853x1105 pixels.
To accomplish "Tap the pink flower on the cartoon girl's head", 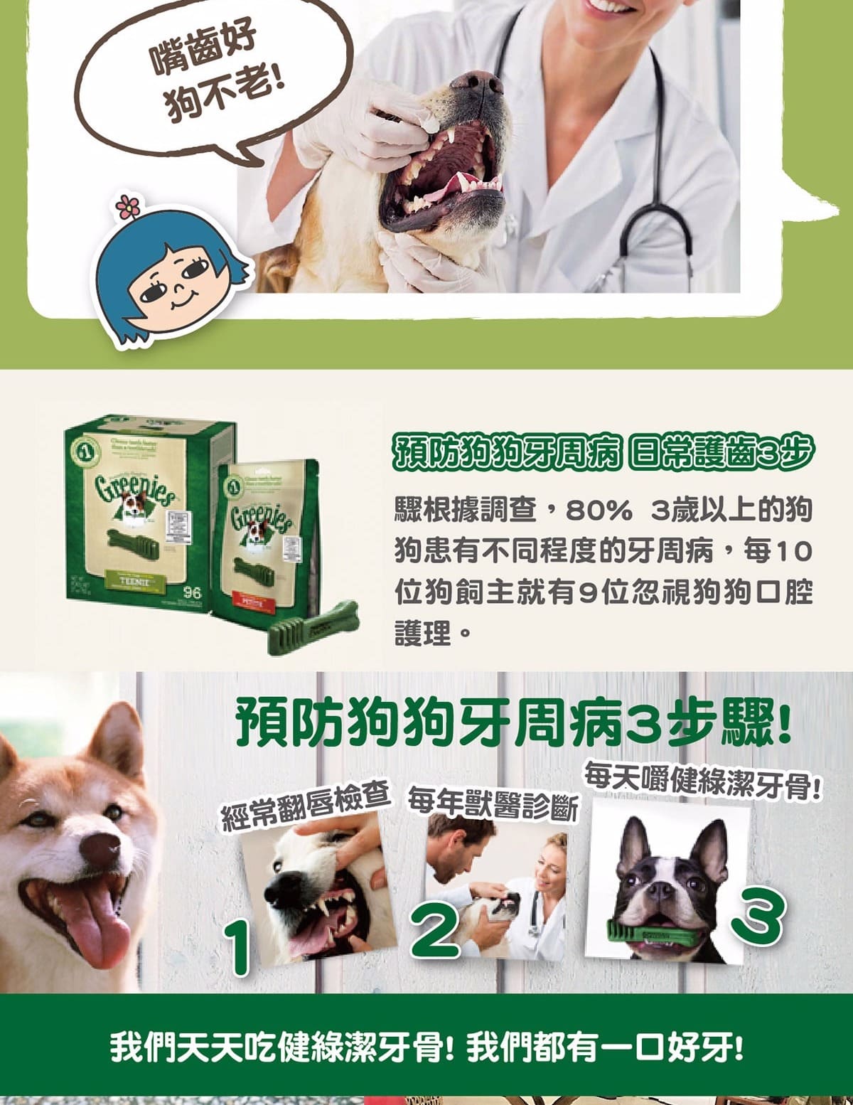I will [x=128, y=207].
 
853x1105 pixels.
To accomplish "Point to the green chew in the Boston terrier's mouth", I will [x=650, y=931].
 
